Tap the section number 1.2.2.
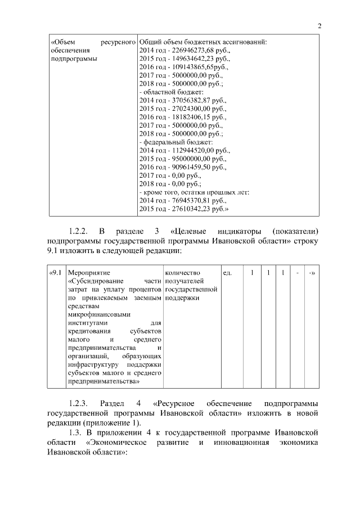tap(80, 231)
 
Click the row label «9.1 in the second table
tap(56, 273)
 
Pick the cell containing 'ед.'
tap(227, 273)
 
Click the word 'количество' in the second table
tap(180, 273)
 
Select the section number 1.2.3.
tap(80, 404)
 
